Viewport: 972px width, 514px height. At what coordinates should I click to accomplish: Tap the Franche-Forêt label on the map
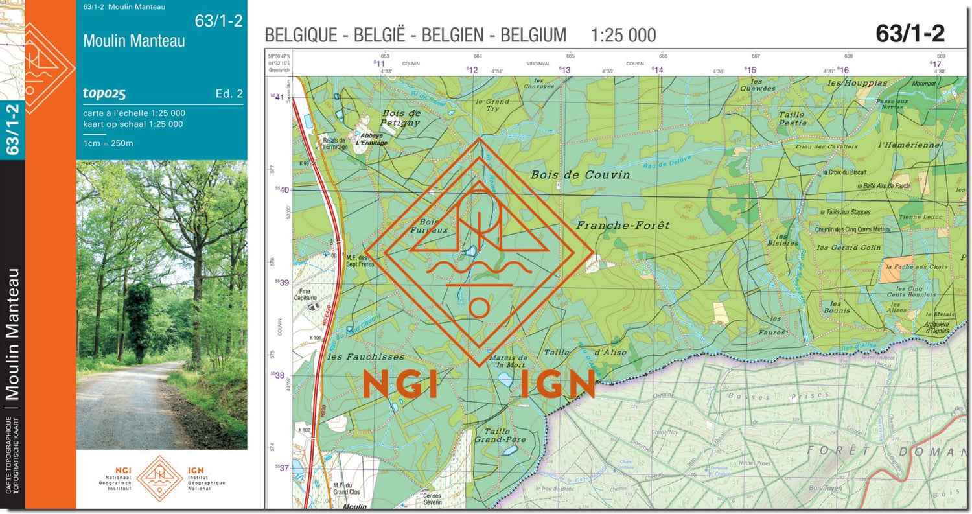pyautogui.click(x=623, y=226)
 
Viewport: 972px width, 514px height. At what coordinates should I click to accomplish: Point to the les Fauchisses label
pyautogui.click(x=365, y=356)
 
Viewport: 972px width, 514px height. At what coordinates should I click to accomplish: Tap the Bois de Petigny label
pyautogui.click(x=401, y=117)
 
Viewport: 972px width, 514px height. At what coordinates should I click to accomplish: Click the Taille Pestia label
pyautogui.click(x=792, y=119)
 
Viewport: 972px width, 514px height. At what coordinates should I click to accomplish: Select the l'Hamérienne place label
pyautogui.click(x=908, y=145)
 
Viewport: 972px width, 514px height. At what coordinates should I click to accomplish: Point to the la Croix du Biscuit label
pyautogui.click(x=844, y=172)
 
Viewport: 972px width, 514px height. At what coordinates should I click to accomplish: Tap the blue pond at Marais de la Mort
pyautogui.click(x=505, y=379)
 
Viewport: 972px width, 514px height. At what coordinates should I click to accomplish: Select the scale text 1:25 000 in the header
pyautogui.click(x=623, y=35)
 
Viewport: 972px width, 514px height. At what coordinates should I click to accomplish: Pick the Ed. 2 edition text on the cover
pyautogui.click(x=229, y=94)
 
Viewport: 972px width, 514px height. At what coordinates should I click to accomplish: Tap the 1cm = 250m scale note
pyautogui.click(x=108, y=143)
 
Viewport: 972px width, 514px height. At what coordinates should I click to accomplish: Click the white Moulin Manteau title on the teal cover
pyautogui.click(x=134, y=41)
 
